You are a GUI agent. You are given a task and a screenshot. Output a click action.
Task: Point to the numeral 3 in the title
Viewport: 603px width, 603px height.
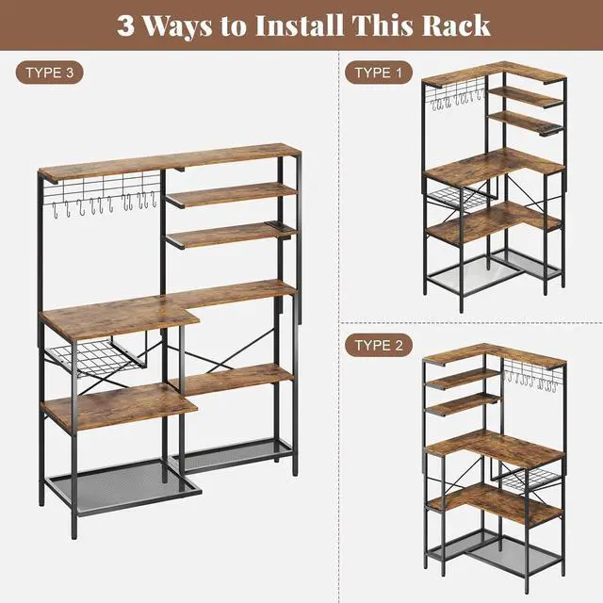click(x=125, y=24)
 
